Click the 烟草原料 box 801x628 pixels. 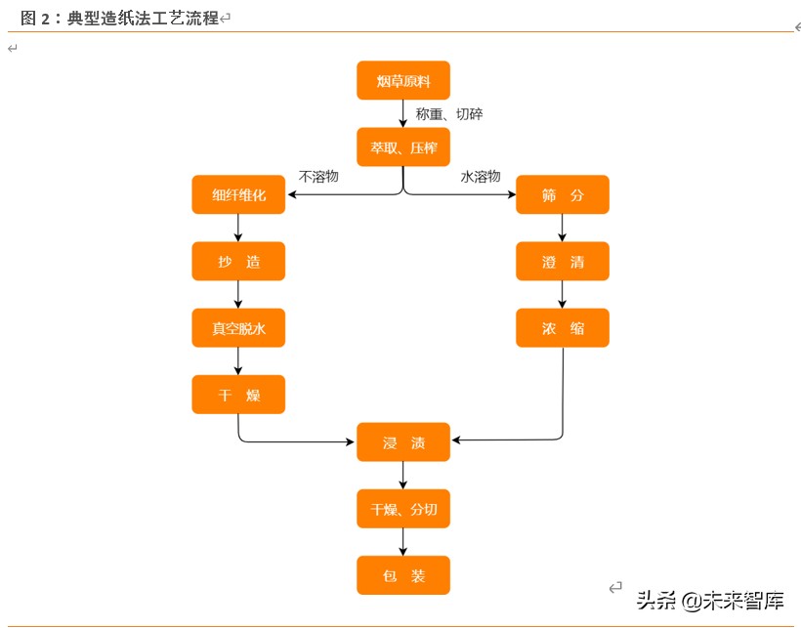tap(403, 81)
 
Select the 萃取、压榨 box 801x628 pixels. tap(403, 147)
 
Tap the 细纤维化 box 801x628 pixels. tap(238, 194)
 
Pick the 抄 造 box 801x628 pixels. tap(238, 262)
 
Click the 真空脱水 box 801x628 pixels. tap(238, 328)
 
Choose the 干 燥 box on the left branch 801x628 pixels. tap(238, 395)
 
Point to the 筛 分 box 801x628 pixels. tap(563, 194)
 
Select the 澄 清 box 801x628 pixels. tap(563, 262)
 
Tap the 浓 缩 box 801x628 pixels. tap(563, 328)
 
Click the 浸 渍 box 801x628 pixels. tap(403, 442)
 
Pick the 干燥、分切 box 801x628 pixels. tap(403, 509)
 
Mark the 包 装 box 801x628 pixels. tap(403, 575)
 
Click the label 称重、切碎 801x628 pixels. tap(449, 114)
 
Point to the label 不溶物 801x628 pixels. tap(318, 177)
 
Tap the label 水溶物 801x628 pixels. tap(481, 177)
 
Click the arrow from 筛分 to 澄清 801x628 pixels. tap(563, 228)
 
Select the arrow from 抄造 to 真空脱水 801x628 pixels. tap(238, 295)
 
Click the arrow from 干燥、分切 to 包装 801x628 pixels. tap(403, 542)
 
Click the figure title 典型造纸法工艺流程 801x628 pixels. tap(143, 18)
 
